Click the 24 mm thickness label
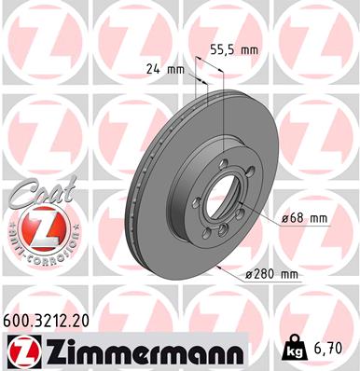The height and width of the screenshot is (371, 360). [165, 67]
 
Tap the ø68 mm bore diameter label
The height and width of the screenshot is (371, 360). [304, 218]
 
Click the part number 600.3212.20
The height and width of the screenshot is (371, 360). [51, 320]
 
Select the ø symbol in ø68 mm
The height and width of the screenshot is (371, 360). [284, 218]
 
